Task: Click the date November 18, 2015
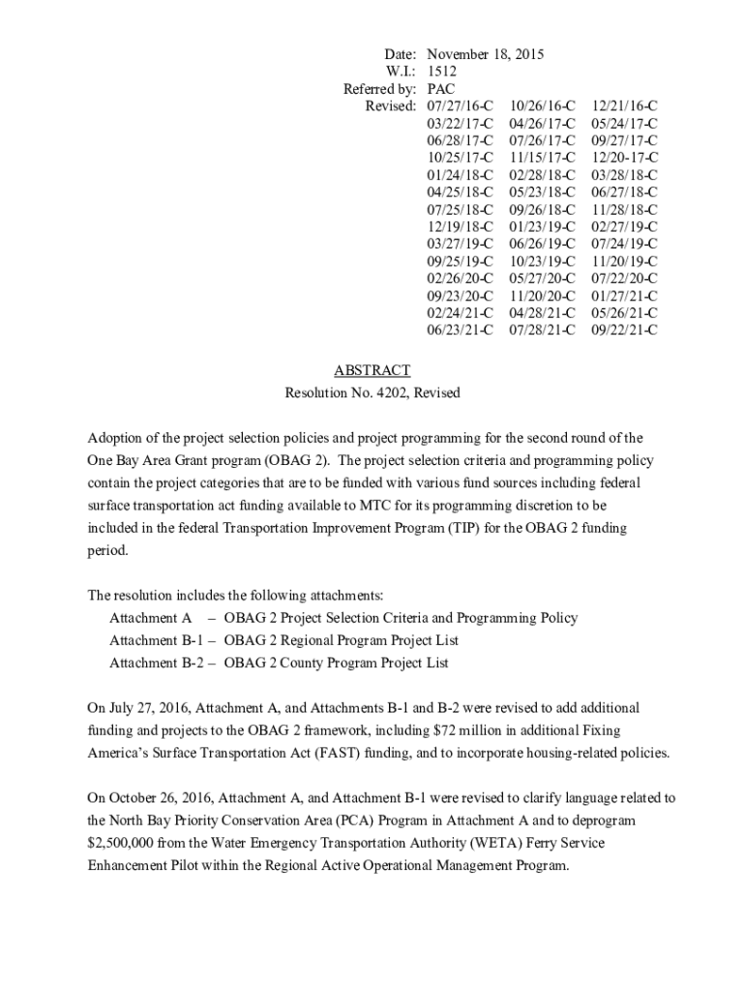[485, 54]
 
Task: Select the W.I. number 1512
[441, 72]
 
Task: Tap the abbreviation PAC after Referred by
[441, 89]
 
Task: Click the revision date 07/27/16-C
[460, 106]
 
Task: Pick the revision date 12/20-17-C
[624, 158]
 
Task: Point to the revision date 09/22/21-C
[624, 331]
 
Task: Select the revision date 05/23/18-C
[542, 192]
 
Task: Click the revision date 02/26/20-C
[460, 278]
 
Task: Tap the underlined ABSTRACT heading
[372, 370]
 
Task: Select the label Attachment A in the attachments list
[151, 618]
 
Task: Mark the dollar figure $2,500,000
[124, 842]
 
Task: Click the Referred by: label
[379, 89]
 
